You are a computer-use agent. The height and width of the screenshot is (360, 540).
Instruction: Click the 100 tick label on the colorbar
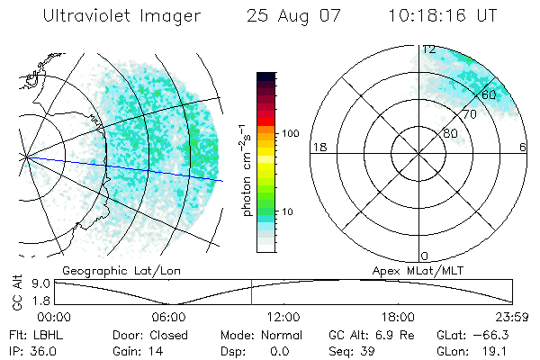pyautogui.click(x=289, y=133)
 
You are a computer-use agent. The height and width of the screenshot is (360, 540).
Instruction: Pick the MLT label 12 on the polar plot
pyautogui.click(x=429, y=49)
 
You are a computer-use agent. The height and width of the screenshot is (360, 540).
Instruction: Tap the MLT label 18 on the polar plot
pyautogui.click(x=318, y=147)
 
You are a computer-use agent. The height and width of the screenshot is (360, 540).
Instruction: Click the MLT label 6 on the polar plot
pyautogui.click(x=523, y=147)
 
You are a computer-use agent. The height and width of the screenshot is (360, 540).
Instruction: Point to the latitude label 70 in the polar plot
pyautogui.click(x=469, y=115)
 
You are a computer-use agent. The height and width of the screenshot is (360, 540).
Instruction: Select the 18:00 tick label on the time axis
pyautogui.click(x=398, y=317)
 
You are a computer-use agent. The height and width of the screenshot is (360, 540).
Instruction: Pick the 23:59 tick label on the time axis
pyautogui.click(x=511, y=317)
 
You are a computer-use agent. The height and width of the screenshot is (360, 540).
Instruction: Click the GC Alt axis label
pyautogui.click(x=15, y=293)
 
